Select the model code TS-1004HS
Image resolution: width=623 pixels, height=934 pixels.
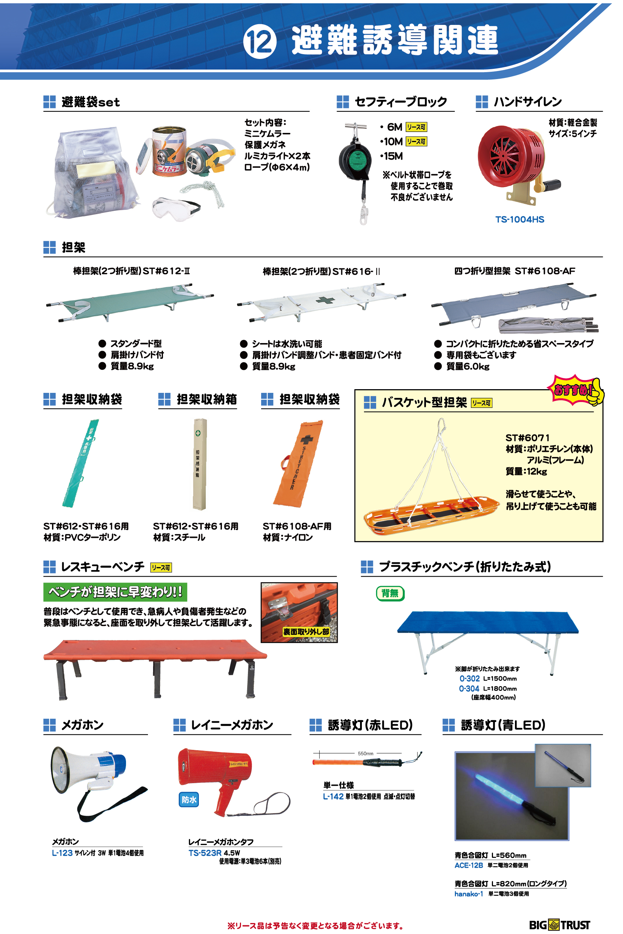(x=520, y=220)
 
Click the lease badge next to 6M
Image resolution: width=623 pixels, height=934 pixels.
(x=416, y=127)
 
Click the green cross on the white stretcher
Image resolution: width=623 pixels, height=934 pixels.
(x=325, y=299)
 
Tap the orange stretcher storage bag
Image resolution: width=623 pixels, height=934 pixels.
(x=298, y=463)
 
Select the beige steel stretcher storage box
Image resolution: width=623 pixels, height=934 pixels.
(x=200, y=464)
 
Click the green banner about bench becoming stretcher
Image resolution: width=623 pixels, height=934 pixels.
(x=115, y=592)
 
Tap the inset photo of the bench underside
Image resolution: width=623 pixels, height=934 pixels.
(x=299, y=612)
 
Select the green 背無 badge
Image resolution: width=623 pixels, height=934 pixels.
(x=390, y=593)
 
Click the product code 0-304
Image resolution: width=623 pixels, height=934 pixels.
(x=469, y=689)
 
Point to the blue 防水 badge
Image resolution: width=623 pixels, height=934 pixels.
(x=189, y=799)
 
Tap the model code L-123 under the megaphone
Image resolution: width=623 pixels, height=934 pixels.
(x=62, y=853)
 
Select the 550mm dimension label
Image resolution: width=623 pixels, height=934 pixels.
(x=366, y=753)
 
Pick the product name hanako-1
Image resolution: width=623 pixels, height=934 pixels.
(x=469, y=894)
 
